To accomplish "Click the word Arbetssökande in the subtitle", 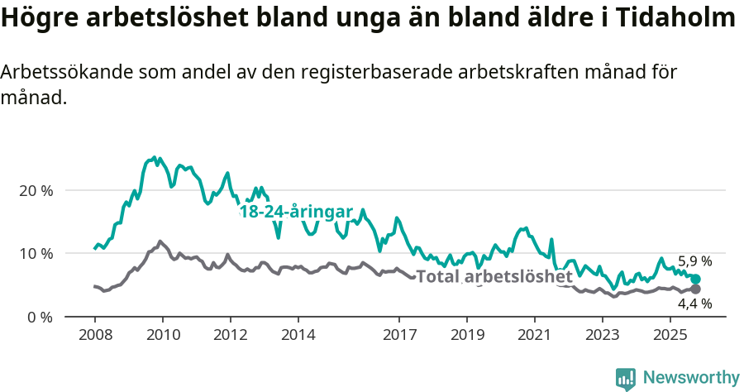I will [x=59, y=73].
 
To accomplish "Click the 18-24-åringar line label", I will [x=296, y=213].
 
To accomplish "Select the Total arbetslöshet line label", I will [x=494, y=276].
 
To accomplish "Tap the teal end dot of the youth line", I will [x=695, y=280].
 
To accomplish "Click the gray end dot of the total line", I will [x=695, y=289].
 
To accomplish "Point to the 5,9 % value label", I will [x=694, y=261].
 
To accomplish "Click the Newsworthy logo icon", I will [x=626, y=379].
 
